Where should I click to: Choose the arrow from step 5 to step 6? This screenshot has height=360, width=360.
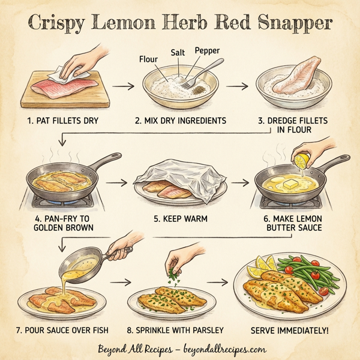(x=239, y=181)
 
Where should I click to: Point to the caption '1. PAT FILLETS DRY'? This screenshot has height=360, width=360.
(x=63, y=121)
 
